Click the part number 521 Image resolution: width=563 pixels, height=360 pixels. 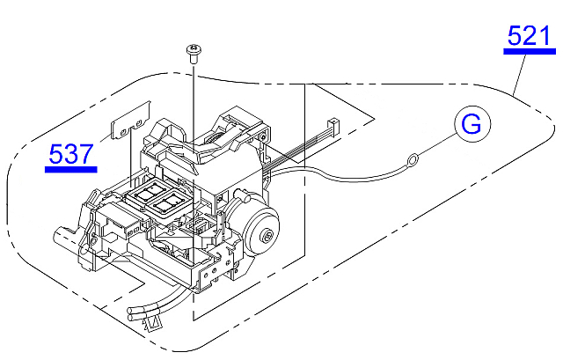pyautogui.click(x=529, y=35)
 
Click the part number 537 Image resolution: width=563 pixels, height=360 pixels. pyautogui.click(x=71, y=154)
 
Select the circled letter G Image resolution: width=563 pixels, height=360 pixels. pyautogui.click(x=472, y=124)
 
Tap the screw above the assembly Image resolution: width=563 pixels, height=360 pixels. pyautogui.click(x=194, y=53)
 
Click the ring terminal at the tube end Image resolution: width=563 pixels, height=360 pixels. pyautogui.click(x=413, y=158)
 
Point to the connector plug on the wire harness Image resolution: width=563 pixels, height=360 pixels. pyautogui.click(x=333, y=124)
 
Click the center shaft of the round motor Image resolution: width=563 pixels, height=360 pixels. pyautogui.click(x=267, y=235)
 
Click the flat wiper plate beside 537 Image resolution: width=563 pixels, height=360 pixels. pyautogui.click(x=130, y=121)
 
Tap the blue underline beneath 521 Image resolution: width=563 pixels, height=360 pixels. pyautogui.click(x=530, y=51)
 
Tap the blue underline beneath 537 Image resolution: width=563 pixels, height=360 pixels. pyautogui.click(x=71, y=170)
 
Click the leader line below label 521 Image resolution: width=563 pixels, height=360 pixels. pyautogui.click(x=519, y=75)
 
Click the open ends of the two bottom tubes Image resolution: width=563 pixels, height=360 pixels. pyautogui.click(x=132, y=313)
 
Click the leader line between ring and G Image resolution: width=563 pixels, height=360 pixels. pyautogui.click(x=438, y=144)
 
